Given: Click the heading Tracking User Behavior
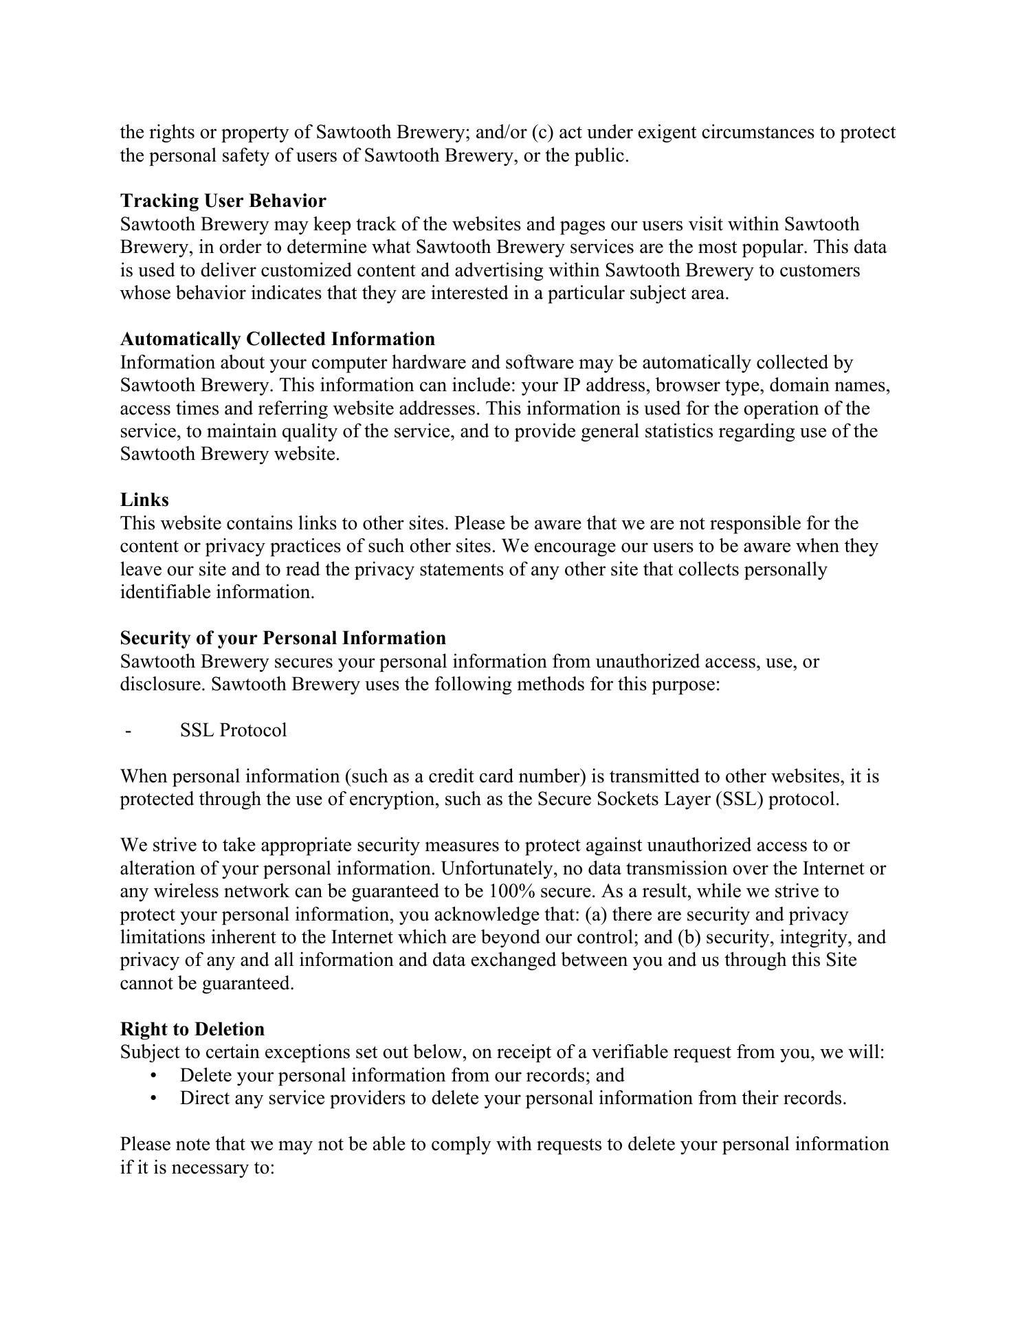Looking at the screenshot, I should [x=223, y=201].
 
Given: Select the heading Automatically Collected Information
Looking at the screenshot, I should [x=277, y=339].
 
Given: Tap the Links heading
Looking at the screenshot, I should [x=144, y=500].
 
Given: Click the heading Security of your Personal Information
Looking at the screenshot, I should [x=282, y=638].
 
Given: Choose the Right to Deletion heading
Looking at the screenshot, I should [x=192, y=1029].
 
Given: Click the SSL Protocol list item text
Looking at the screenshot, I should [x=233, y=730].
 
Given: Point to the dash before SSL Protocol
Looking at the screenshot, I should [x=129, y=730].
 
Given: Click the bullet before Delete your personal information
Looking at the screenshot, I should [x=153, y=1075].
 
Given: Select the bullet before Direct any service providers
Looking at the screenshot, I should [x=153, y=1098].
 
